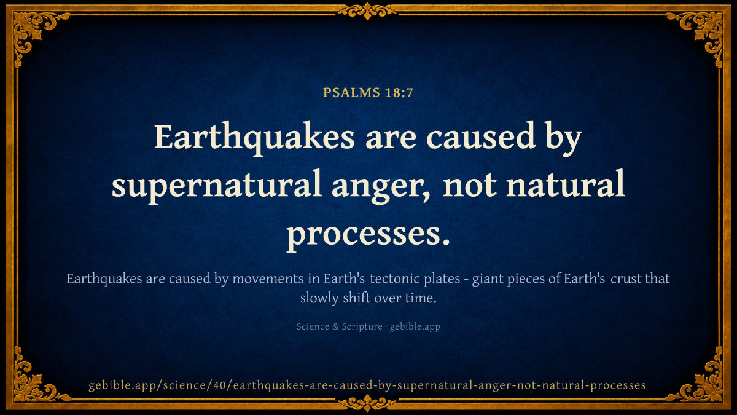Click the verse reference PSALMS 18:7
click(368, 93)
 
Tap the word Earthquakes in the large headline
click(254, 138)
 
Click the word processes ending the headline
click(368, 235)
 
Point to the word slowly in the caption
click(319, 298)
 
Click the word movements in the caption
click(268, 279)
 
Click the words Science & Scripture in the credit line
click(340, 326)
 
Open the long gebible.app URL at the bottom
click(367, 385)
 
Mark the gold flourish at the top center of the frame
click(367, 11)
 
